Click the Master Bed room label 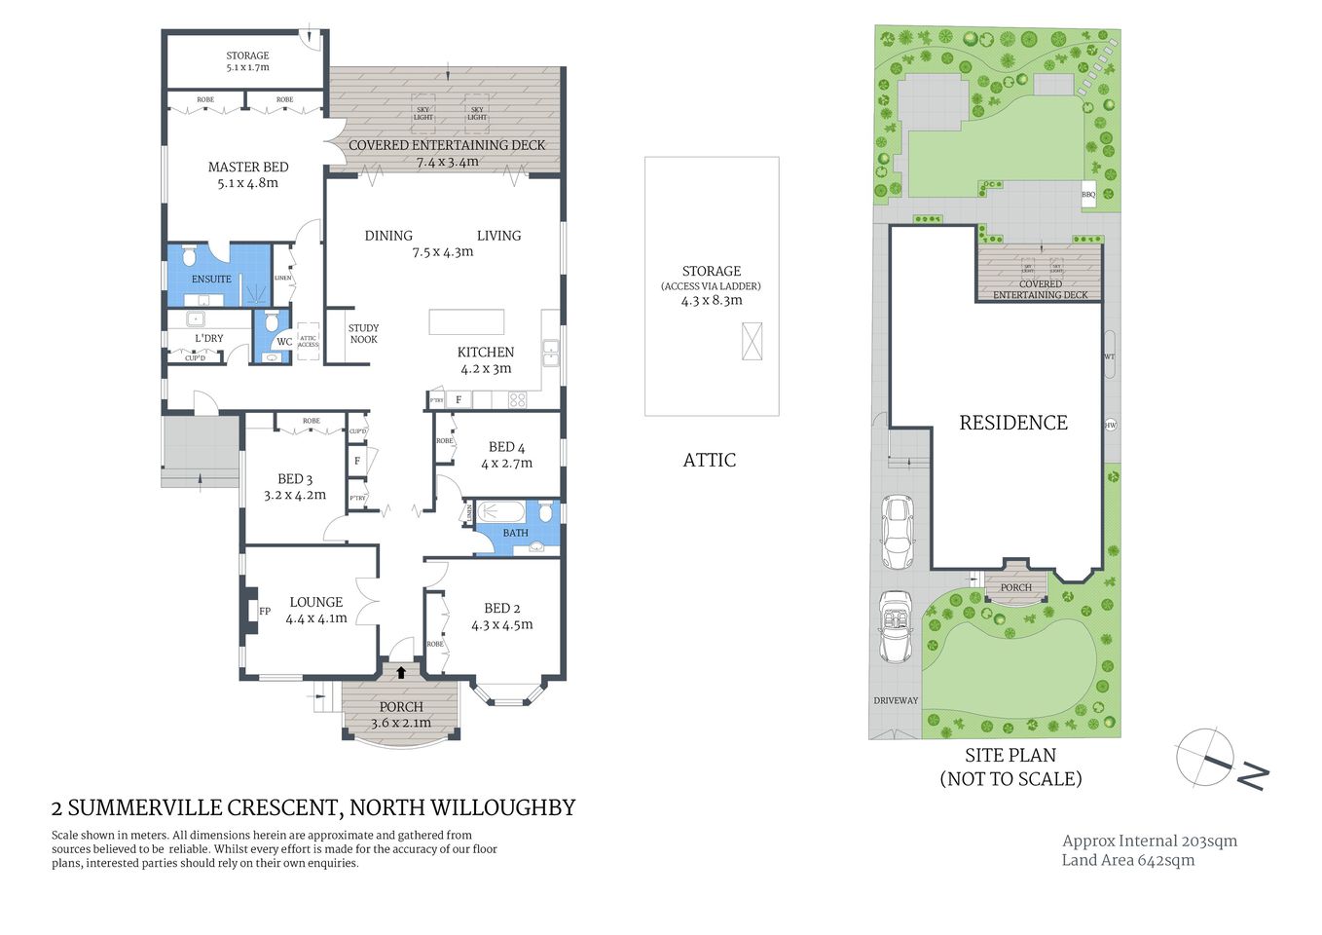248,168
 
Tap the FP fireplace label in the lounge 264,612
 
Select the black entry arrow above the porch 401,671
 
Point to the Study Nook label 363,334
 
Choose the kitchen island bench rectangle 467,321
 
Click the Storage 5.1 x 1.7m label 247,61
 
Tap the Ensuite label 211,279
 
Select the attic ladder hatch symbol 752,342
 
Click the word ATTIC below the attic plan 710,461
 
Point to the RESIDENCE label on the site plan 1013,423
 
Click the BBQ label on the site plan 1088,195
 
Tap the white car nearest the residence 897,532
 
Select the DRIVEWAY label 896,700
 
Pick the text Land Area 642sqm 1127,860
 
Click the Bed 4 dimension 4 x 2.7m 506,463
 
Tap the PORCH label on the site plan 1015,587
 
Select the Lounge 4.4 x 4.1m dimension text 316,618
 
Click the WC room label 283,342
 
